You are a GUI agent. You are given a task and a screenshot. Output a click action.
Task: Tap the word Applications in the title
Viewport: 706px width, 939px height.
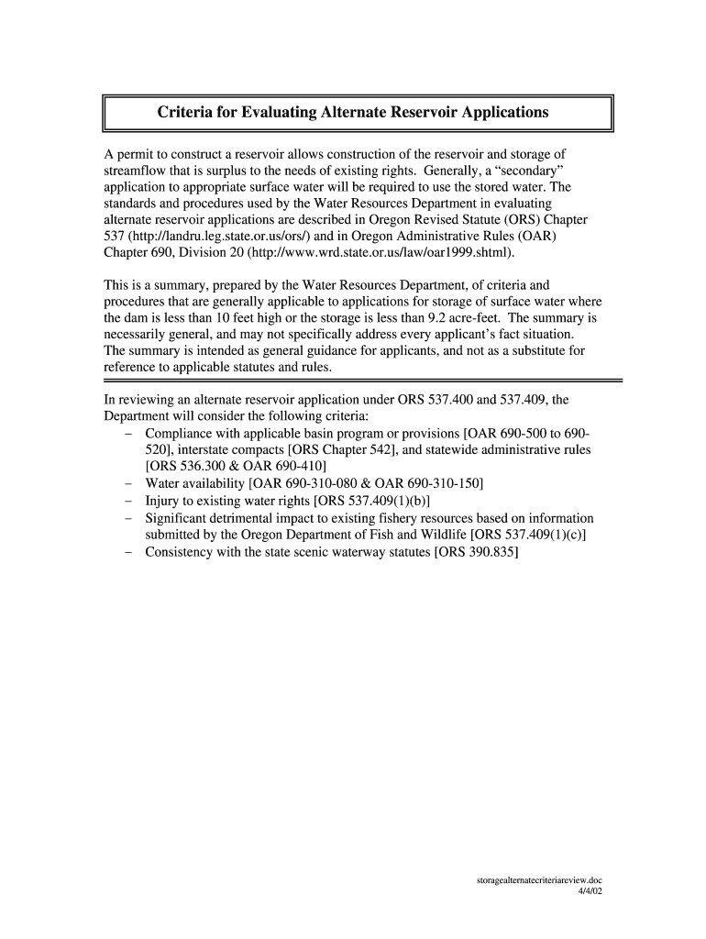pyautogui.click(x=500, y=113)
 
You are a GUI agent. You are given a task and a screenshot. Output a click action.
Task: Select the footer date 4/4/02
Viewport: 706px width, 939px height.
pyautogui.click(x=589, y=890)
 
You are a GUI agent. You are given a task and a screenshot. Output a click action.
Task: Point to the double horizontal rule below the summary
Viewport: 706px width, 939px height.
pyautogui.click(x=362, y=380)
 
